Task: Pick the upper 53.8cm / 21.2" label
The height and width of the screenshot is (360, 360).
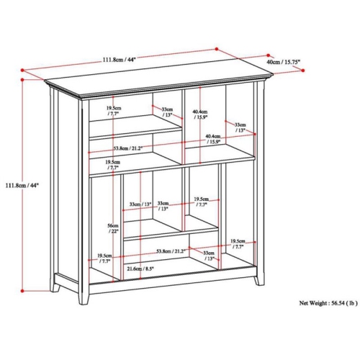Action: (127, 148)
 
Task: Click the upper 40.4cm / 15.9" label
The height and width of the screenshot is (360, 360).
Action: (200, 114)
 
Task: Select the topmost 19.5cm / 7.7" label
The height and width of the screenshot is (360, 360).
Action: (114, 110)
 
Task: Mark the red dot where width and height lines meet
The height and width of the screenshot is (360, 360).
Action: (22, 71)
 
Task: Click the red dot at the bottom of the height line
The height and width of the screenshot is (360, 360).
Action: (22, 291)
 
